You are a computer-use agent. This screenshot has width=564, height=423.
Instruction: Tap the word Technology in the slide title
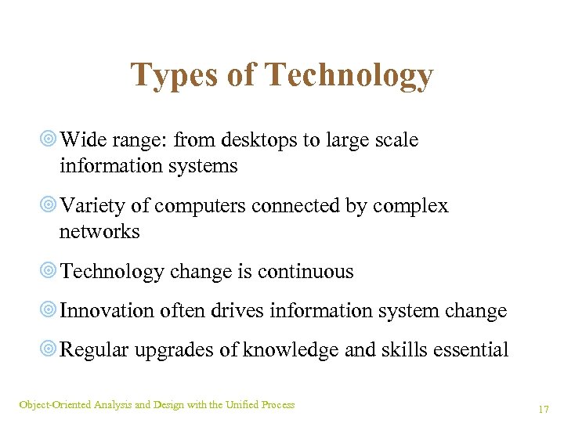[x=349, y=76]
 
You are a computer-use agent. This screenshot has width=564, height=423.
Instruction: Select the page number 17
[x=543, y=409]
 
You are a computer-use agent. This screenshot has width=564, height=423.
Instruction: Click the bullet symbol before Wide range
[x=48, y=140]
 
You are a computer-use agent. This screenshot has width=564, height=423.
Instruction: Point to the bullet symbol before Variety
[x=48, y=206]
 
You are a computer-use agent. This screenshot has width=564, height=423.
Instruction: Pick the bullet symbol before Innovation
[x=48, y=311]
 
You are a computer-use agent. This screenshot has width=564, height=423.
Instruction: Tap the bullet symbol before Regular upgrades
[x=48, y=350]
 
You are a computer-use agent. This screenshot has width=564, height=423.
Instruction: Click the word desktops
[x=262, y=140]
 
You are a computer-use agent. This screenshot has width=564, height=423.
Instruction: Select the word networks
[x=99, y=232]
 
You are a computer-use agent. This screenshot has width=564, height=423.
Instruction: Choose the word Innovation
[x=107, y=311]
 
